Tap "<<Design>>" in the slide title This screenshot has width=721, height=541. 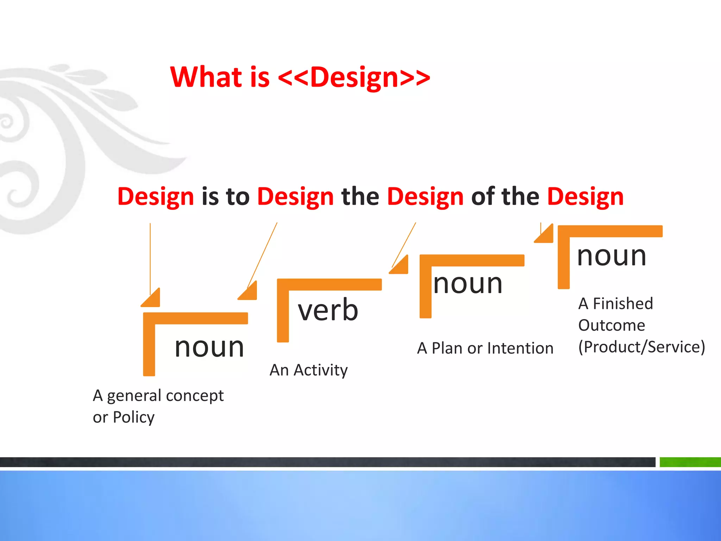click(x=354, y=77)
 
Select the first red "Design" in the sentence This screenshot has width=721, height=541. click(x=156, y=196)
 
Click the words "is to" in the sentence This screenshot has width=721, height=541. click(x=225, y=196)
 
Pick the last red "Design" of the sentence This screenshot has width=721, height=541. click(x=585, y=196)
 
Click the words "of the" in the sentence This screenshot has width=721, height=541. click(x=505, y=196)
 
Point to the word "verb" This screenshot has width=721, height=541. click(x=328, y=310)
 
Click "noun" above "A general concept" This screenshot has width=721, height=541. click(x=209, y=347)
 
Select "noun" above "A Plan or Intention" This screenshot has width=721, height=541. click(x=468, y=284)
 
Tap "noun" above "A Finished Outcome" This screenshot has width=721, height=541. click(x=612, y=256)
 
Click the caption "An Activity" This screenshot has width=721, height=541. click(x=308, y=370)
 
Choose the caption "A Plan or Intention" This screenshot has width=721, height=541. click(x=485, y=348)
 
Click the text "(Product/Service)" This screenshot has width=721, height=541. click(x=641, y=347)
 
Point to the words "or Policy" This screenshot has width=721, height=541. click(x=124, y=417)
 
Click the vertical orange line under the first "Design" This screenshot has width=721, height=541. click(x=150, y=257)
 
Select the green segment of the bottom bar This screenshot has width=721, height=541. click(x=690, y=462)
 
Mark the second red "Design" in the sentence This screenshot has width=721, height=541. click(x=295, y=196)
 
